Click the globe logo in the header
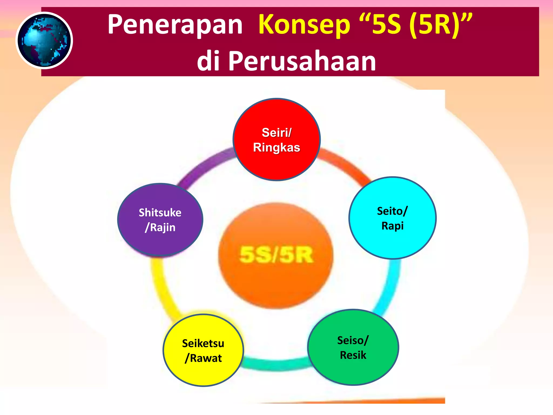[44, 41]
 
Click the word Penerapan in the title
[175, 25]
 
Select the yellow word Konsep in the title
[304, 25]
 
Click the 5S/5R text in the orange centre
[276, 255]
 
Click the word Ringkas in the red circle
[276, 148]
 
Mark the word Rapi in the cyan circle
[392, 226]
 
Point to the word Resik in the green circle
[353, 355]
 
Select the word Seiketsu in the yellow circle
[203, 343]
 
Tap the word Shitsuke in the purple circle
[160, 213]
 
